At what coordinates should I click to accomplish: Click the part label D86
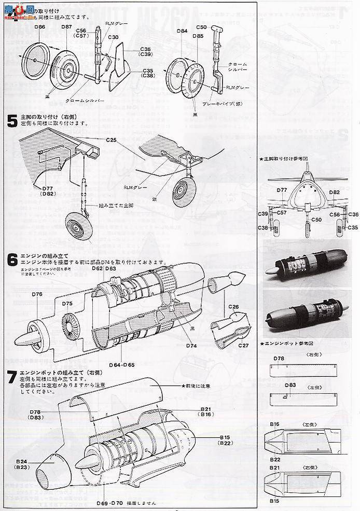[x=38, y=26]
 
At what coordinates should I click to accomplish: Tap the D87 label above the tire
[x=66, y=26]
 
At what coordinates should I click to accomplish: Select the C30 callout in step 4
[x=113, y=37]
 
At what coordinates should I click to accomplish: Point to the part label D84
[x=182, y=31]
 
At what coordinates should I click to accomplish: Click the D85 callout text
[x=198, y=36]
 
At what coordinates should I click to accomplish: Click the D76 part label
[x=36, y=294]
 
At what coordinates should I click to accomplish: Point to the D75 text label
[x=67, y=304]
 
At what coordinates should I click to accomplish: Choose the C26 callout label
[x=233, y=307]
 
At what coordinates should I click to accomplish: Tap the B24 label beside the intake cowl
[x=21, y=461]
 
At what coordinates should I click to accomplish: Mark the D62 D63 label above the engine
[x=104, y=268]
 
